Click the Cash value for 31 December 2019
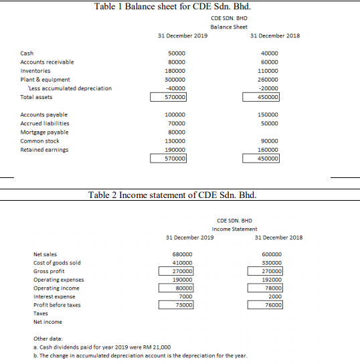[177, 54]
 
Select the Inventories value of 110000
[268, 70]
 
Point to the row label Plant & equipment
[46, 80]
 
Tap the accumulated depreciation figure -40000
[176, 88]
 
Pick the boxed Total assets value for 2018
[268, 96]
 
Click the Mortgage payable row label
[44, 132]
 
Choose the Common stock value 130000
[175, 141]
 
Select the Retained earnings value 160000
[268, 150]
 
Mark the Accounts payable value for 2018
[268, 115]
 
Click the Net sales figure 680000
[183, 254]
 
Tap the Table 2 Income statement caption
[173, 195]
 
